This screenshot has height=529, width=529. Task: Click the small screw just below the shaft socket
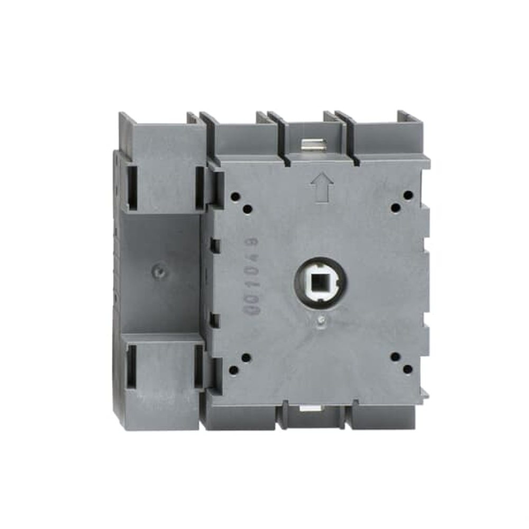[321, 320]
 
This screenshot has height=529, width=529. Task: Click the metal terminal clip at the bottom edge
[307, 407]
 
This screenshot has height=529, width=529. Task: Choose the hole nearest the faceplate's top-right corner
[407, 195]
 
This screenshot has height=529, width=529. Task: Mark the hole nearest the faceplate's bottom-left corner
[234, 369]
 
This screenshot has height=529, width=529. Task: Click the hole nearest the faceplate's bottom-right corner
[407, 369]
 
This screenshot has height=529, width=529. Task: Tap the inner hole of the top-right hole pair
[395, 207]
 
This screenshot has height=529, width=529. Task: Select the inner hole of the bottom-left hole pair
[246, 358]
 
